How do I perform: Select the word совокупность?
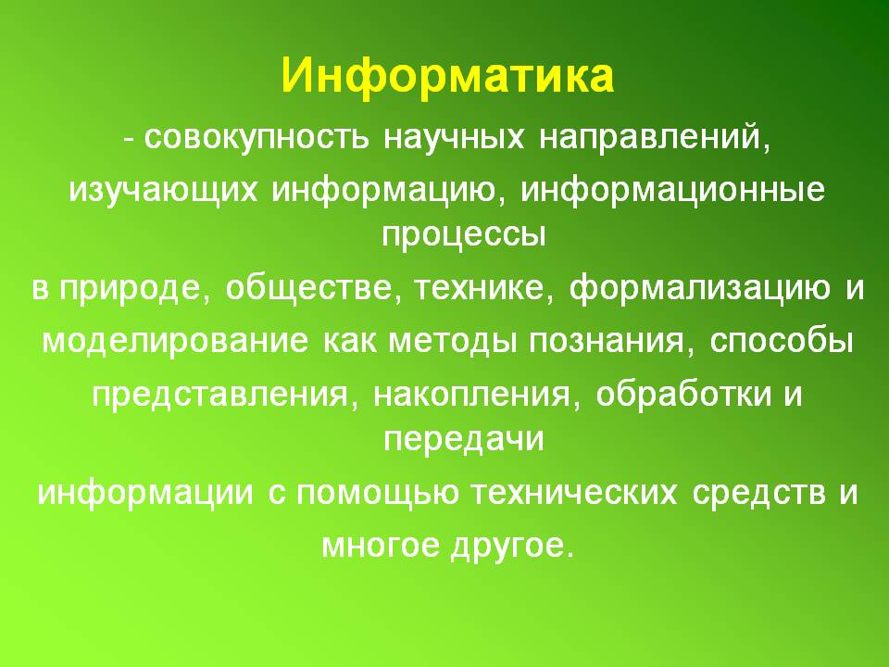257,137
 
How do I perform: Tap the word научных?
454,137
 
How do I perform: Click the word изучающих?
163,192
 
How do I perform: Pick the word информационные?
672,192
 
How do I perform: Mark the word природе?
130,289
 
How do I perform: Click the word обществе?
309,287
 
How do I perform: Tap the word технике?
479,287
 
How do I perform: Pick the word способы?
782,340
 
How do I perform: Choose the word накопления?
471,395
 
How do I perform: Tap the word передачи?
464,439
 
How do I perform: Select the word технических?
575,492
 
